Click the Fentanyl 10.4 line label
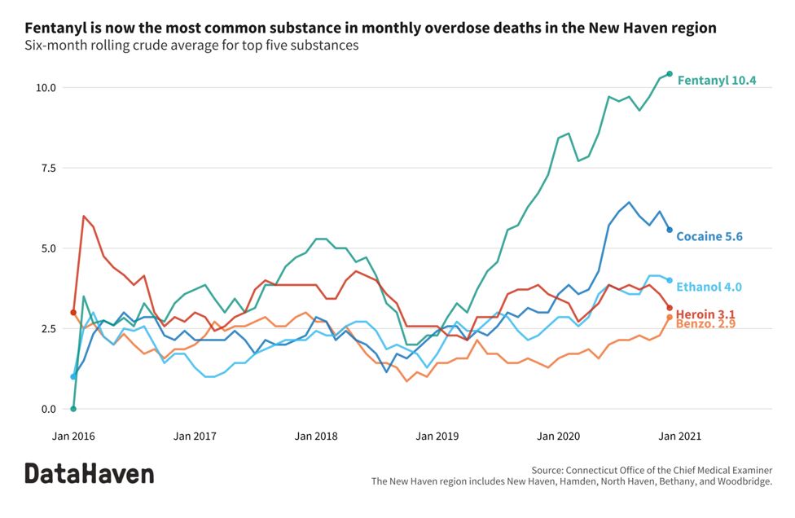pos(717,81)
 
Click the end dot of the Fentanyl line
pos(670,74)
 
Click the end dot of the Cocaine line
pos(670,230)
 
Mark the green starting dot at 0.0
pos(73,409)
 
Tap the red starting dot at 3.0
pos(73,312)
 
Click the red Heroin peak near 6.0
pos(84,217)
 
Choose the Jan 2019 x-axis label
pos(436,437)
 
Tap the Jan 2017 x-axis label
pos(195,437)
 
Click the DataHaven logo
pos(89,473)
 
